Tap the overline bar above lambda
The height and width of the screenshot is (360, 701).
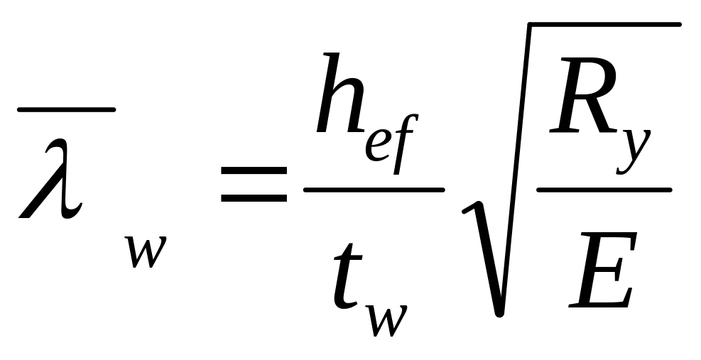[x=65, y=109]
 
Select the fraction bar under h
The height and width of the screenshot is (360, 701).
[x=374, y=190]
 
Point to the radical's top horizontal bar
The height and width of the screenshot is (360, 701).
[x=604, y=25]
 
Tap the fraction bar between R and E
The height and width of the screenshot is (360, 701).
[x=604, y=190]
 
